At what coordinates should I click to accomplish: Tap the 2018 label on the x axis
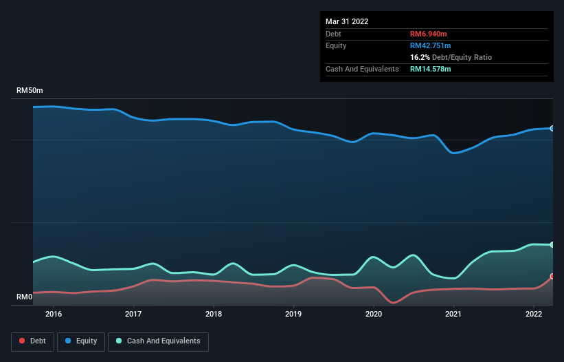click(x=214, y=314)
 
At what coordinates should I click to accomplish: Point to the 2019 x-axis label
click(x=293, y=314)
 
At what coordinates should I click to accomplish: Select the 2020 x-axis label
click(x=374, y=314)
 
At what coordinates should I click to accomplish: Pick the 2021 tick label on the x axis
click(x=453, y=314)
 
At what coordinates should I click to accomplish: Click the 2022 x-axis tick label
click(x=534, y=314)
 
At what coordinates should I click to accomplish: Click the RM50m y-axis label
click(x=30, y=91)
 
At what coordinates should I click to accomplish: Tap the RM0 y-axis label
click(x=25, y=297)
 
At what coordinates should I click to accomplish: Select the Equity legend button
click(x=81, y=341)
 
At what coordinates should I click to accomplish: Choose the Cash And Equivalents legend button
click(x=158, y=341)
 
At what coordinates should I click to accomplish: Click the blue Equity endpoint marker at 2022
click(x=552, y=129)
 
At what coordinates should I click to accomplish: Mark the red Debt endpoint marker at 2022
click(x=552, y=277)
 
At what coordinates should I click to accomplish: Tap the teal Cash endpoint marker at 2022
click(x=552, y=245)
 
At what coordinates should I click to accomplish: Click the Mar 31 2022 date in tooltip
click(x=347, y=21)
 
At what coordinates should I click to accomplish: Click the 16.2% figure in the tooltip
click(x=420, y=57)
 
